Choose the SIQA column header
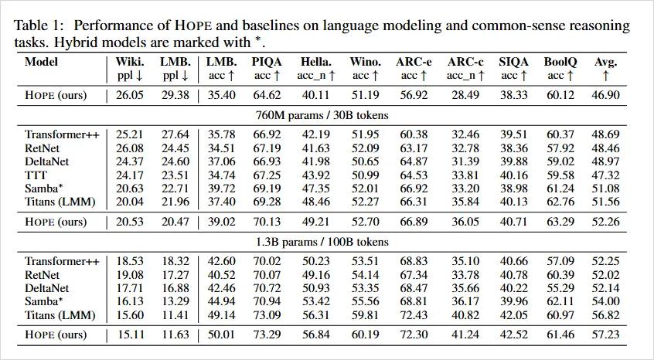tap(509, 62)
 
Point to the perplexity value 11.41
tap(175, 315)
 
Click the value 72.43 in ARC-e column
tap(412, 315)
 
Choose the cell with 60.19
tap(364, 335)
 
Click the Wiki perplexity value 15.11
tap(130, 335)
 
